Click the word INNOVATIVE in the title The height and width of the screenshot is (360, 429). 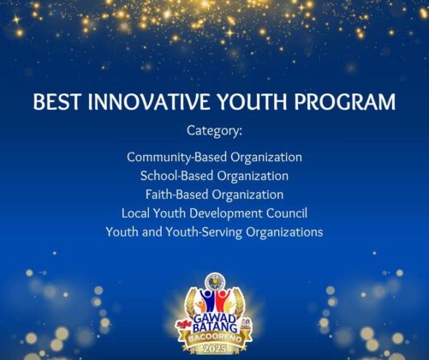click(149, 101)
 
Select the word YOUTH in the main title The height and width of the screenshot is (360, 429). click(252, 101)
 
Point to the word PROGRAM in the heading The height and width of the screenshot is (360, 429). click(345, 101)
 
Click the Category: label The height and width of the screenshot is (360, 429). click(214, 131)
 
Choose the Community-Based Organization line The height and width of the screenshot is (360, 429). click(214, 158)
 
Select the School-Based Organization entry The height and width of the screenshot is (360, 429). click(214, 176)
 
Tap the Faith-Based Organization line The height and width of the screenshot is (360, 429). click(214, 195)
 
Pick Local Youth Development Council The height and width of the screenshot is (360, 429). click(214, 213)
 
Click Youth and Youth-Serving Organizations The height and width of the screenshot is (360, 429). click(214, 232)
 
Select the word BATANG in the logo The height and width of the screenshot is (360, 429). click(215, 327)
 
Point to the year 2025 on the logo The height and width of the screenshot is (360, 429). click(215, 349)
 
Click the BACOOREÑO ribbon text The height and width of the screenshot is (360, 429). click(215, 339)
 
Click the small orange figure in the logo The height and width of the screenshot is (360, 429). click(201, 306)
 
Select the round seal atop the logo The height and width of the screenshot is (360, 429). click(215, 281)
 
